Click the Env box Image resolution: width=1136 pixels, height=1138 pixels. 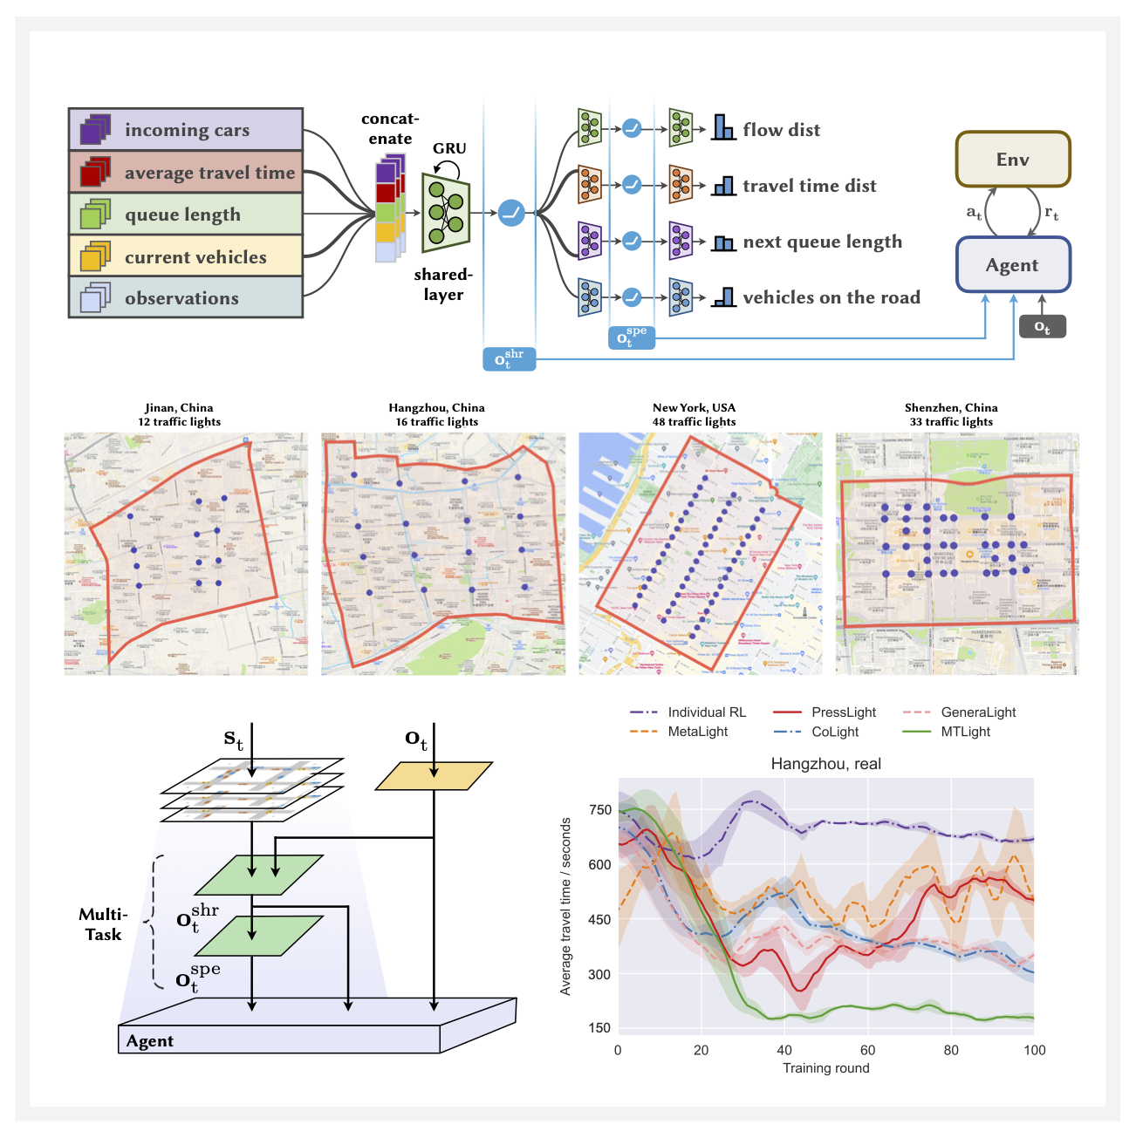coord(1012,160)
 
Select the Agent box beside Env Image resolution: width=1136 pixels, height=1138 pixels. coord(1012,265)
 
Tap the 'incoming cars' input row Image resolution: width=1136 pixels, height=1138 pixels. coord(186,130)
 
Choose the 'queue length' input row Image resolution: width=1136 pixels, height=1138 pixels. coord(186,215)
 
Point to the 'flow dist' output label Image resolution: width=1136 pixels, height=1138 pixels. coord(781,130)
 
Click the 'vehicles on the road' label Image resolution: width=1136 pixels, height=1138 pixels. coord(831,297)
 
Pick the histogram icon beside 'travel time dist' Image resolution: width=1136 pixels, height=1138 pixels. coord(723,186)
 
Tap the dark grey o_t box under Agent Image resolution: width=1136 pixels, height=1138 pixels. coord(1042,327)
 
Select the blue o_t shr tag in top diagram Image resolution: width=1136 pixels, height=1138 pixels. coord(509,358)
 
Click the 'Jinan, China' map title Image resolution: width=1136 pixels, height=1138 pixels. coord(179,407)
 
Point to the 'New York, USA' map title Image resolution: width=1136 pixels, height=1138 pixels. coord(694,407)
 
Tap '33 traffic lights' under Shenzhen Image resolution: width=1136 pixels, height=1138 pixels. coord(951,422)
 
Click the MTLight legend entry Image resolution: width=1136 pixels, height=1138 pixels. coord(965,732)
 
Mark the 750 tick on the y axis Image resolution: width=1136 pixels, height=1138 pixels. coord(600,810)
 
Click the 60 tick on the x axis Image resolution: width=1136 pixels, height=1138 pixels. coord(867,1050)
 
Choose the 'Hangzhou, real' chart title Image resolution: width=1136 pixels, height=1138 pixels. coord(825,764)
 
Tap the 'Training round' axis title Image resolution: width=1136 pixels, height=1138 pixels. coord(825,1068)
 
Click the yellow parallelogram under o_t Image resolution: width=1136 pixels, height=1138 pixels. coord(434,776)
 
